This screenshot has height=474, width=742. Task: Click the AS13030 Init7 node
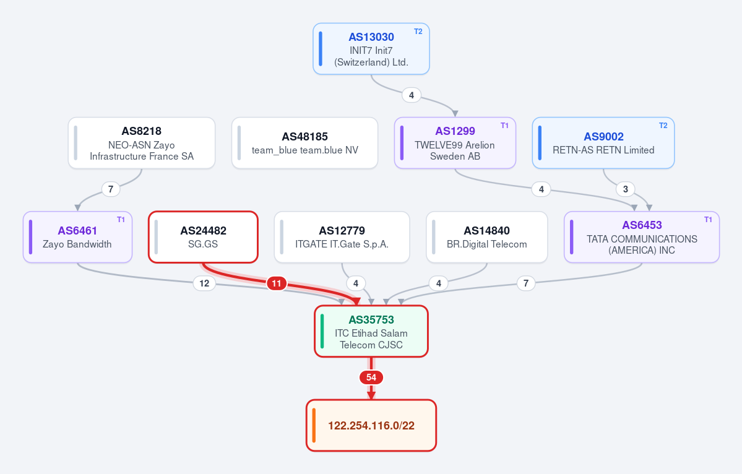(x=371, y=49)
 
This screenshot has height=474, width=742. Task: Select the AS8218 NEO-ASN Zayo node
(x=142, y=143)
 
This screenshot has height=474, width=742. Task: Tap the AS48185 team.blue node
(x=304, y=143)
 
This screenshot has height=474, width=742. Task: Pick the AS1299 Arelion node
(x=455, y=143)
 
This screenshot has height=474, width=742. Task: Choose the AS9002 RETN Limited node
(x=603, y=143)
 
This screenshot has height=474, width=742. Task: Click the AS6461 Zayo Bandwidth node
(x=77, y=237)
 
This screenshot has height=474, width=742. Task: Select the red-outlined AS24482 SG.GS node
(x=203, y=237)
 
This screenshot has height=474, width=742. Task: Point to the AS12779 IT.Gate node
(x=342, y=237)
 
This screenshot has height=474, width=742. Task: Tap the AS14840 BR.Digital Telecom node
(x=487, y=237)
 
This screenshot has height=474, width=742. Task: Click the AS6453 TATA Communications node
(x=642, y=237)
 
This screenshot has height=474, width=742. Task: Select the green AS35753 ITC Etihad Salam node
(x=371, y=331)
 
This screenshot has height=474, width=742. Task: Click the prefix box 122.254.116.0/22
(x=371, y=425)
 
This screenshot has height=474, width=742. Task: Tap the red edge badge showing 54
(x=371, y=377)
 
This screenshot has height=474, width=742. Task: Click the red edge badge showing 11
(x=277, y=283)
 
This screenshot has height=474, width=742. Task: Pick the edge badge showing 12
(x=204, y=283)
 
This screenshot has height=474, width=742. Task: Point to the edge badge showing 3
(x=626, y=189)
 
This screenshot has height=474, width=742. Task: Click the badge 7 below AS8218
(x=111, y=189)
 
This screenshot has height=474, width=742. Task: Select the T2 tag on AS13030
(x=418, y=32)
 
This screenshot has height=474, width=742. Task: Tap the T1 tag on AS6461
(x=121, y=220)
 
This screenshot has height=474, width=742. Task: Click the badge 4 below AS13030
(x=411, y=95)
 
